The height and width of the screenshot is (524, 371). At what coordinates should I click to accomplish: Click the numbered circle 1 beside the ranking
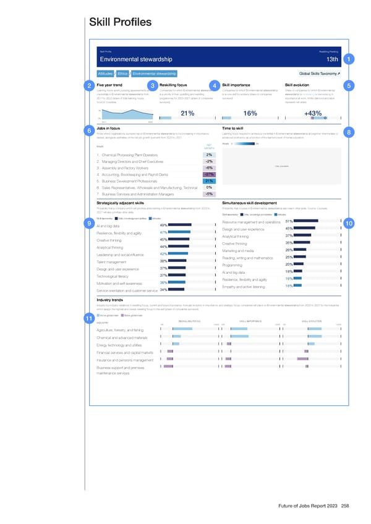coord(350,59)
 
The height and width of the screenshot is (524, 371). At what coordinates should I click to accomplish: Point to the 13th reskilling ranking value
coord(331,59)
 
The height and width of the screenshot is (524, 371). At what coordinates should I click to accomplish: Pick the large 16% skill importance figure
coord(250,113)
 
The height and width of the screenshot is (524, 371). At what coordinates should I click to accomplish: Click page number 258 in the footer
coord(345,507)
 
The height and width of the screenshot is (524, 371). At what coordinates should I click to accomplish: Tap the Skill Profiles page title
coord(121,23)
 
